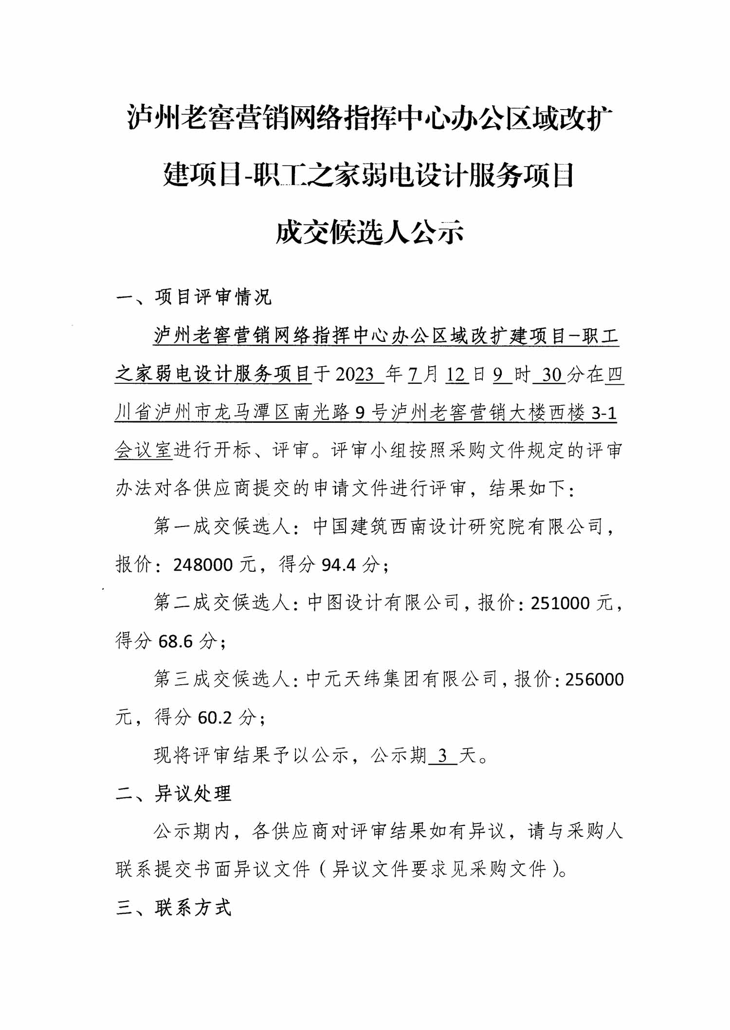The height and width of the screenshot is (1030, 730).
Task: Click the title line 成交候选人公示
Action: (x=369, y=233)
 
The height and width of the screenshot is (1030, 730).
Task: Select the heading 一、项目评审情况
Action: (x=194, y=297)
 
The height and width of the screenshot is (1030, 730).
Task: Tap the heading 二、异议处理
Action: (x=174, y=793)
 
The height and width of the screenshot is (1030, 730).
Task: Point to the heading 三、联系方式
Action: (x=174, y=907)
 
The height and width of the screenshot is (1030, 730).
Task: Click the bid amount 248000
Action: (x=203, y=565)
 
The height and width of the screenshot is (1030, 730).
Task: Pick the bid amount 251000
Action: (x=560, y=603)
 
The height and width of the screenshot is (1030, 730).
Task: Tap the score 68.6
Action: (x=176, y=641)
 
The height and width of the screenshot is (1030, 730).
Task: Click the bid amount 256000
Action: (x=594, y=679)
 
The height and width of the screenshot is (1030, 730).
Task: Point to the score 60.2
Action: (x=215, y=717)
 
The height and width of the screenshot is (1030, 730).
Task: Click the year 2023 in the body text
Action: (x=355, y=375)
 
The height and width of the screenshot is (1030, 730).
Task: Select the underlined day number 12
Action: (x=456, y=375)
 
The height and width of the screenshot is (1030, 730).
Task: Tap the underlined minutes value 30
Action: (x=552, y=375)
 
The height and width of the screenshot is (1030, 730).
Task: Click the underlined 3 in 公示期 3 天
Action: (x=442, y=755)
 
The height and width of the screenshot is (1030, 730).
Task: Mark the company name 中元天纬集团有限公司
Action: (x=402, y=679)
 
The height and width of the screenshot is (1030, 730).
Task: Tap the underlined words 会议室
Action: (x=144, y=450)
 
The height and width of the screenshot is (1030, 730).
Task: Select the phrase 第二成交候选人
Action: (x=222, y=603)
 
